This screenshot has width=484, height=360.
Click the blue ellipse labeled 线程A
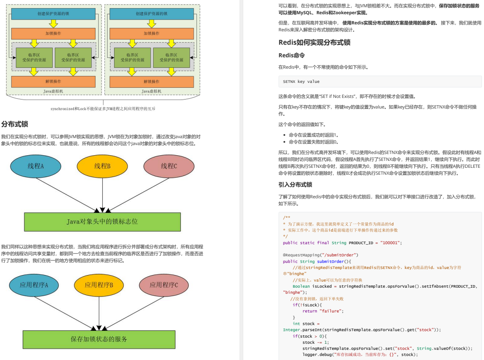pos(35,166)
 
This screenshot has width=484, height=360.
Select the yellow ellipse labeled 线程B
pos(102,166)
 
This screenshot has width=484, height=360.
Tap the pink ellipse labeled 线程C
pos(169,166)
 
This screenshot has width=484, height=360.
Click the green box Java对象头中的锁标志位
pos(102,222)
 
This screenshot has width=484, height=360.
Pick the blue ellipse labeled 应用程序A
pos(34,285)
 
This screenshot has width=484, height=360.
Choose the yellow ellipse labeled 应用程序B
pos(99,285)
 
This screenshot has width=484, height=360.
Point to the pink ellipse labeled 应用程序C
pos(164,285)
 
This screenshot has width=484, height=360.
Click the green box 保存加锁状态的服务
pos(99,339)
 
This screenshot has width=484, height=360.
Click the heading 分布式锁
pos(15,124)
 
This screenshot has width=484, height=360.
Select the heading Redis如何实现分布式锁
pos(314,42)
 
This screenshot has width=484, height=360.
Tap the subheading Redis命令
pos(292,55)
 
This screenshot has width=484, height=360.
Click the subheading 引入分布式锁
pos(295,185)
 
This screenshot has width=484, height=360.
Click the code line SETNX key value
pos(301,82)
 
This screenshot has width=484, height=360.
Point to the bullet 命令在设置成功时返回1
pos(313,135)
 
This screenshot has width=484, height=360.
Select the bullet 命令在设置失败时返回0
pos(313,142)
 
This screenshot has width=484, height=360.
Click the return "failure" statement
pos(323,311)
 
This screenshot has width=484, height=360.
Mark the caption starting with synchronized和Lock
pos(103,109)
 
